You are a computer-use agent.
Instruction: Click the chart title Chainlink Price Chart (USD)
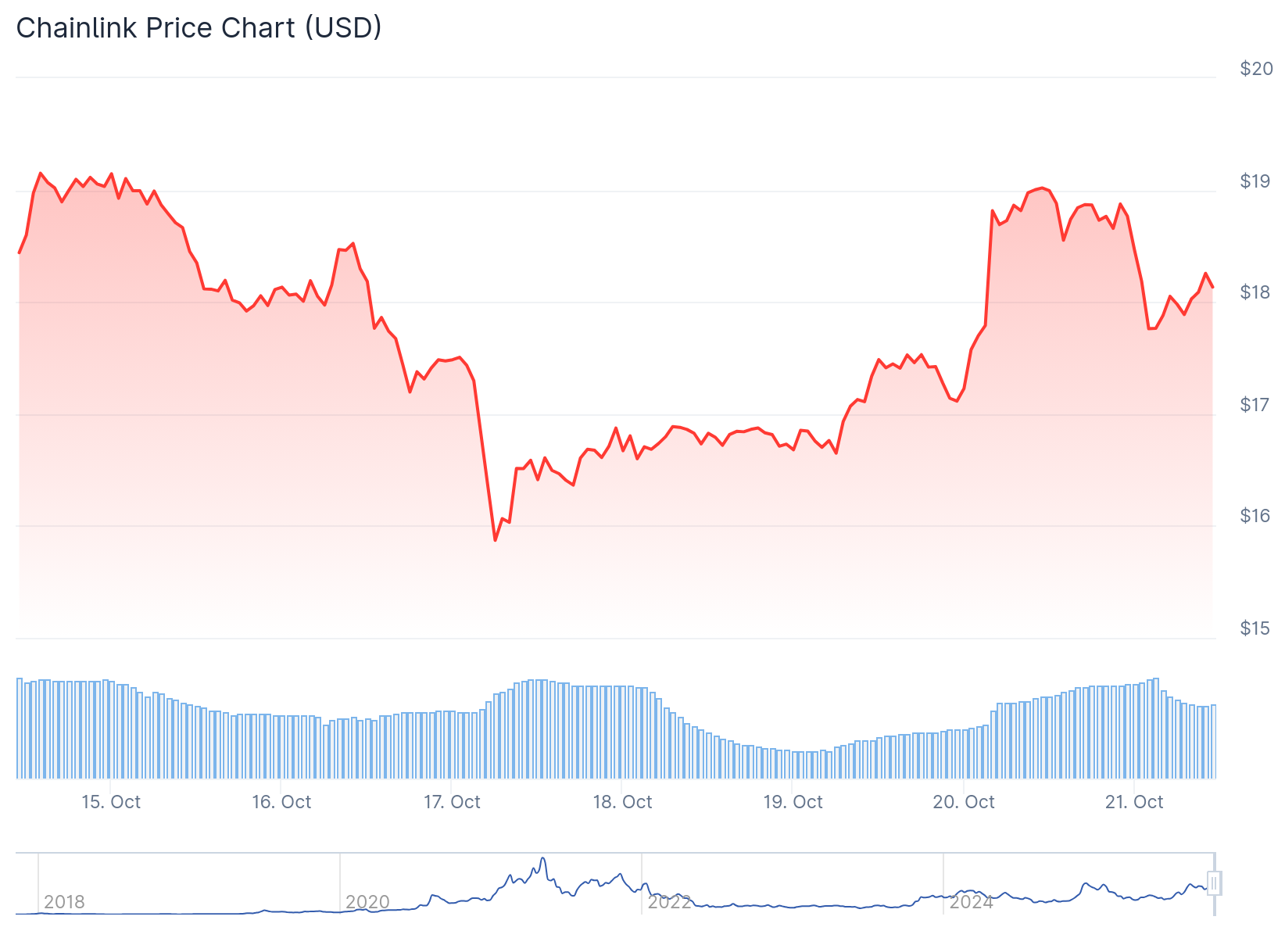click(199, 28)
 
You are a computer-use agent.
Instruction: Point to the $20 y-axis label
click(1256, 69)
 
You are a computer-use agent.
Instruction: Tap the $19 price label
click(1256, 181)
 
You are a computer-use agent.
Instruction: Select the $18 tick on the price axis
click(1256, 292)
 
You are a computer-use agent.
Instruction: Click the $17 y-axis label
click(1256, 405)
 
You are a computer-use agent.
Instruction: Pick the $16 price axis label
click(1256, 516)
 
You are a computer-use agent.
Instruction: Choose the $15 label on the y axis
click(1256, 628)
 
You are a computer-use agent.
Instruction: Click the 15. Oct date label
click(111, 802)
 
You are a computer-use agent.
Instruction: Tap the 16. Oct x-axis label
click(281, 802)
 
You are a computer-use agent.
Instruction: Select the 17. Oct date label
click(452, 802)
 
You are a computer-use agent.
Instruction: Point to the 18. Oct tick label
click(622, 802)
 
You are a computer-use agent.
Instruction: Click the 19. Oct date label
click(793, 802)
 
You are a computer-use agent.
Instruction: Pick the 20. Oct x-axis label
click(964, 802)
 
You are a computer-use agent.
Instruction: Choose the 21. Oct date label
click(1134, 802)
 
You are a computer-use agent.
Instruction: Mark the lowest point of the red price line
click(495, 540)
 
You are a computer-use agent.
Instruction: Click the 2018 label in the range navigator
click(64, 902)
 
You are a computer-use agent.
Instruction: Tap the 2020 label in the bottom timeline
click(367, 902)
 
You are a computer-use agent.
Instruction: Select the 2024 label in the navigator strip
click(971, 902)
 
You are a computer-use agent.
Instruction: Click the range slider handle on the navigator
click(1214, 883)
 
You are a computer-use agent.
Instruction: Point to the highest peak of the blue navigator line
click(542, 858)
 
